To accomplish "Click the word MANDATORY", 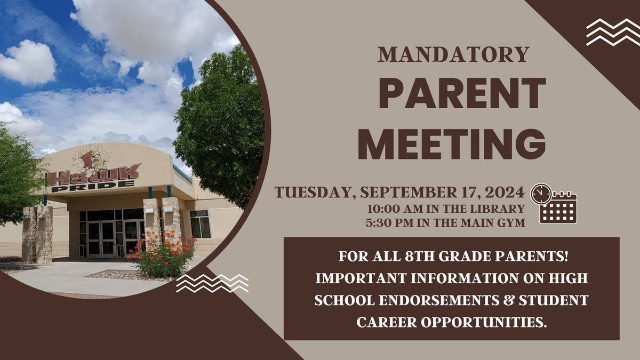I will point(453,55).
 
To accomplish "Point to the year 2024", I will point(507,192).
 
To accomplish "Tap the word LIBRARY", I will point(500,209).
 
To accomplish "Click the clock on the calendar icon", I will point(541,194).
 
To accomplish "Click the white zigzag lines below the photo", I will point(212,283).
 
